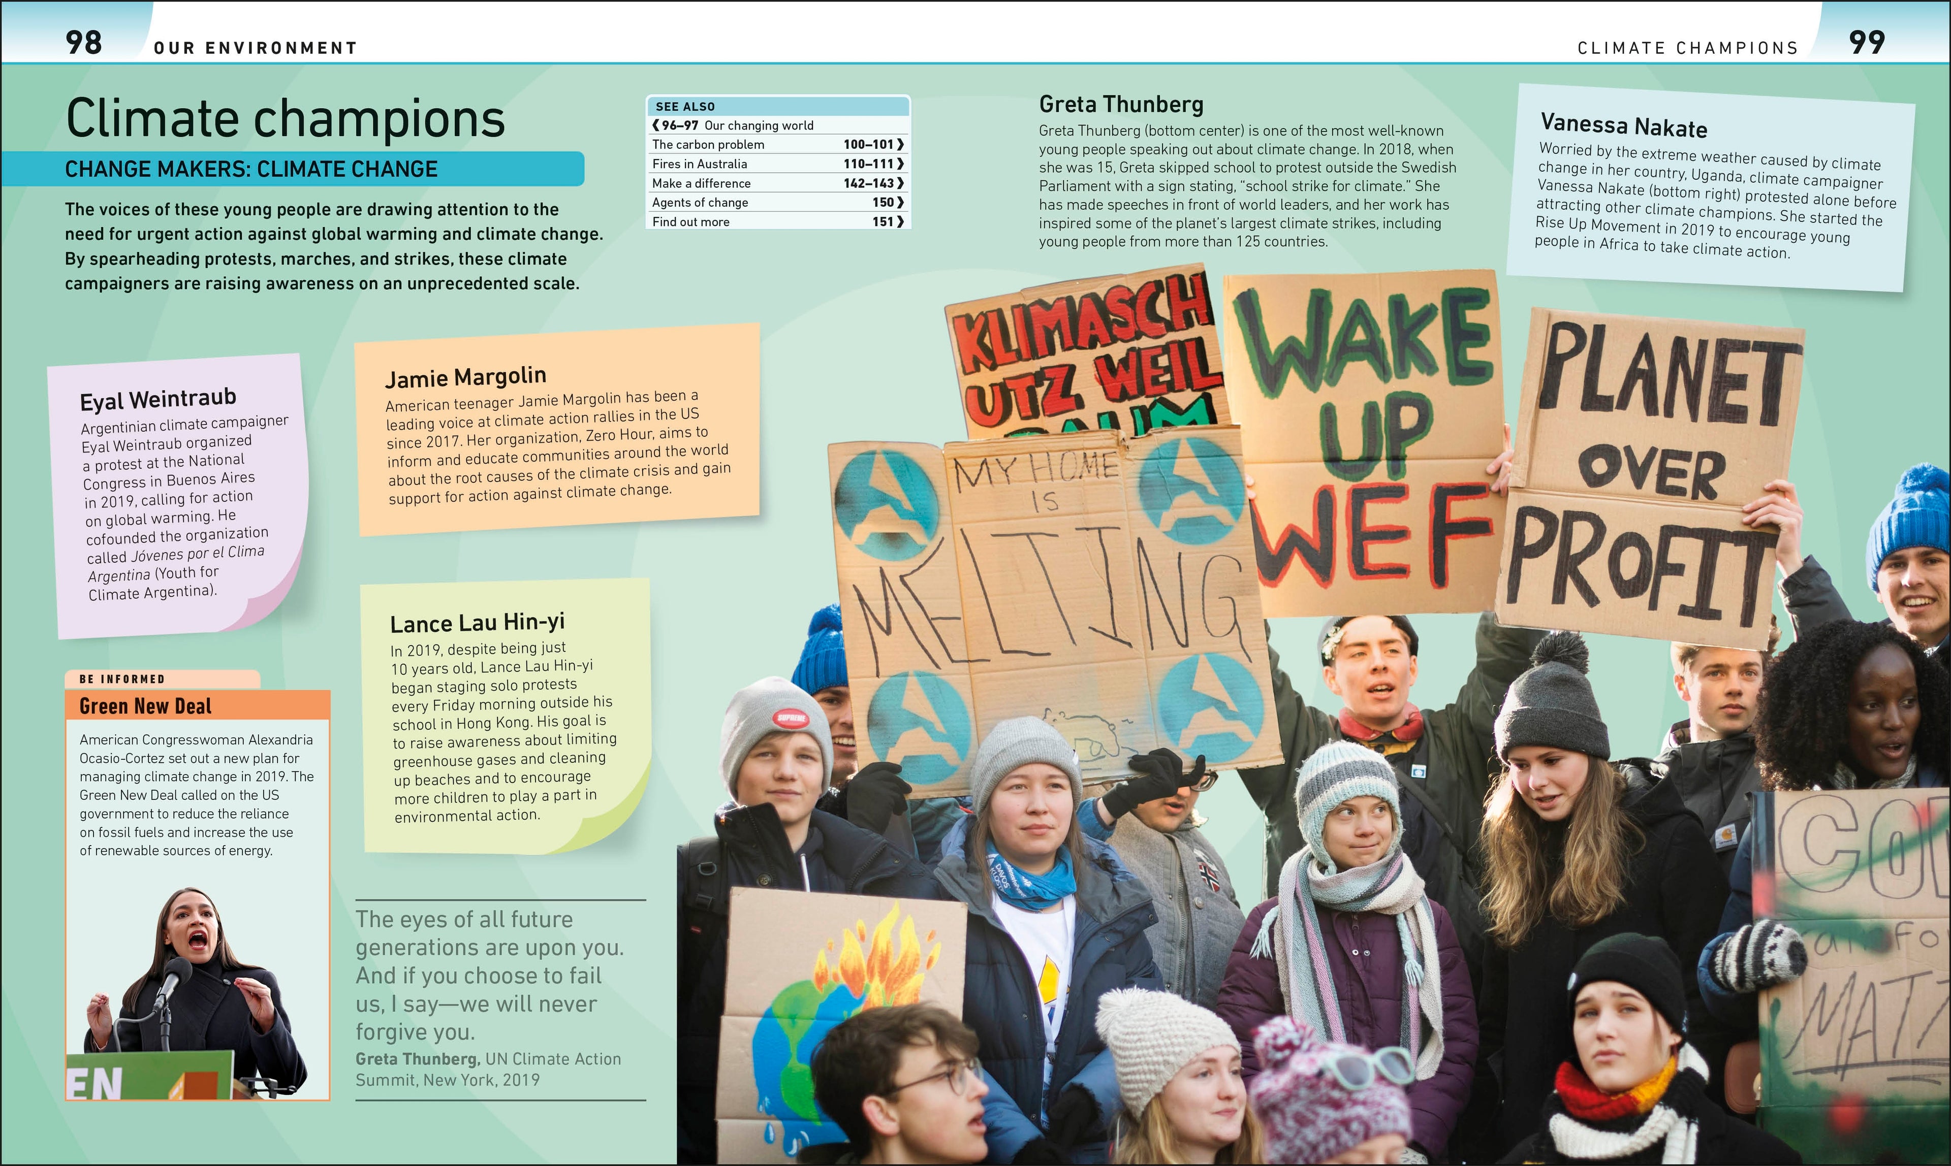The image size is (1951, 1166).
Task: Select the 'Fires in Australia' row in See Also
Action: (x=777, y=164)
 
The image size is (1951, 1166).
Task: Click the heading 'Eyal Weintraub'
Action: (x=158, y=399)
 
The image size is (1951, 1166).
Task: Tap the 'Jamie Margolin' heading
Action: (x=465, y=377)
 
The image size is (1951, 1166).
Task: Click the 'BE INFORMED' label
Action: (x=122, y=679)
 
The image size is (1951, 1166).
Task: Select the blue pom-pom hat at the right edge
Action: (x=1912, y=519)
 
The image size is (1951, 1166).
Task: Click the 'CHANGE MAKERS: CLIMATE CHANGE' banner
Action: (x=251, y=169)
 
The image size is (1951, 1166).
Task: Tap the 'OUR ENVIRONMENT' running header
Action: (x=256, y=48)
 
